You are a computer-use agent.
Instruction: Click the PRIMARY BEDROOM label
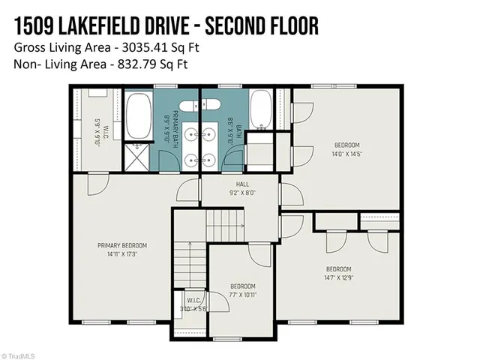(121, 245)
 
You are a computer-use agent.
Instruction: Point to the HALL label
(242, 183)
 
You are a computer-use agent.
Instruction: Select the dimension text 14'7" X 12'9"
(338, 277)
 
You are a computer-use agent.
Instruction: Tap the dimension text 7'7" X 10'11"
(242, 295)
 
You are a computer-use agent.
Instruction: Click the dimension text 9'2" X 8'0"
(242, 192)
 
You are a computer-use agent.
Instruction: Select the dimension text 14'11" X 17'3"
(121, 254)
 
